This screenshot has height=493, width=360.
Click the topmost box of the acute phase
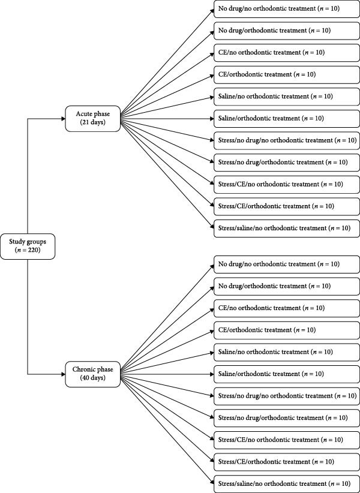click(285, 9)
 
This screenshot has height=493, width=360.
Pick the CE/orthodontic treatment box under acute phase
click(285, 74)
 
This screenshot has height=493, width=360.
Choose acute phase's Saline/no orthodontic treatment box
click(285, 97)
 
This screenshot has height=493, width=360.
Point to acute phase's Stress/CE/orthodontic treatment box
click(285, 206)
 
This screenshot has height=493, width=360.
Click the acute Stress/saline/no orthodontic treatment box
click(285, 228)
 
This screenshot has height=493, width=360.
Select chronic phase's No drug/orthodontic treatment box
click(285, 286)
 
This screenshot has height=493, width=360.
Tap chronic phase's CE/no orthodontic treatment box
click(285, 308)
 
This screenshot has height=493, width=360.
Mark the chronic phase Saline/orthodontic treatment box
click(285, 374)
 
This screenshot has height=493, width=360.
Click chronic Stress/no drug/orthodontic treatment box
click(285, 417)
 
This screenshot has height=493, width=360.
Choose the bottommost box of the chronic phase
click(285, 483)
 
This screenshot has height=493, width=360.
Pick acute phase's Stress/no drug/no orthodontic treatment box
click(285, 140)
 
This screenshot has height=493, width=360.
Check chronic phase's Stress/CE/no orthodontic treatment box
click(285, 440)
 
